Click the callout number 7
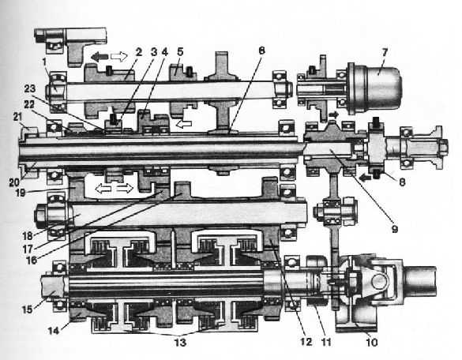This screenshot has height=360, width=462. click(385, 54)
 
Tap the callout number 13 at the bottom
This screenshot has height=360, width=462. click(181, 343)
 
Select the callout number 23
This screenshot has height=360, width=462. click(30, 88)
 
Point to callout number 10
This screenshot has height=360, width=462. click(371, 343)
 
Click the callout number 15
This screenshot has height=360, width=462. click(27, 309)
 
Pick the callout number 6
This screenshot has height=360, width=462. click(261, 51)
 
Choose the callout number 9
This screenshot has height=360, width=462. click(395, 229)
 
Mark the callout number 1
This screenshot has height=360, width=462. click(44, 62)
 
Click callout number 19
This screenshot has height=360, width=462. click(20, 193)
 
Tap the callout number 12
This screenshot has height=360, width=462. click(306, 342)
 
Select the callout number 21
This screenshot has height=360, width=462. click(17, 117)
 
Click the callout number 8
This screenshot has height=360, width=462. click(402, 182)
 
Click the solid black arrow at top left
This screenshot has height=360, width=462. click(100, 57)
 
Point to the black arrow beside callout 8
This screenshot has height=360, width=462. click(364, 177)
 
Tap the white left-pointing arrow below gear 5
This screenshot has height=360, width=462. click(184, 124)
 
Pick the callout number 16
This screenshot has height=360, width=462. click(32, 261)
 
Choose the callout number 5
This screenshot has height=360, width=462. click(180, 52)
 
